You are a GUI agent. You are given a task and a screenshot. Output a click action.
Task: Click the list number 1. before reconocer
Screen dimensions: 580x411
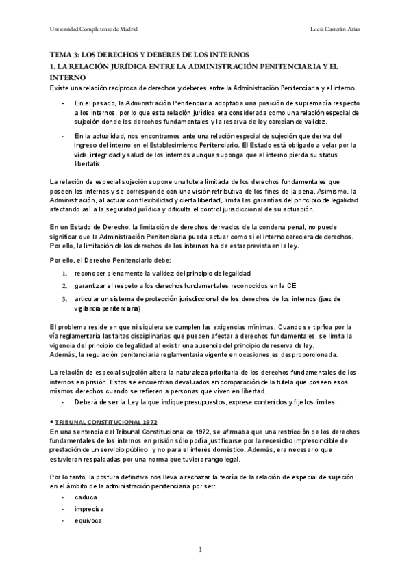click(64, 274)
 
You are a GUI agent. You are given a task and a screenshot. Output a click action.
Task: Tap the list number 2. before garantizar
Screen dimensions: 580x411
click(64, 285)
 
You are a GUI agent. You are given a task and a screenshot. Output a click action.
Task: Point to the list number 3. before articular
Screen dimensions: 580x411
click(64, 298)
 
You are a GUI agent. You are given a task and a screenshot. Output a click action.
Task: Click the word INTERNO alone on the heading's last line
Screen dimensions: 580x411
click(68, 78)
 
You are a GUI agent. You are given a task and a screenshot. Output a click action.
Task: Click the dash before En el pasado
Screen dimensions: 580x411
click(63, 103)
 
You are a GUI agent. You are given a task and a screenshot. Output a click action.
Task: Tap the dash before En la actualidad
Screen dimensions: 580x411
click(63, 135)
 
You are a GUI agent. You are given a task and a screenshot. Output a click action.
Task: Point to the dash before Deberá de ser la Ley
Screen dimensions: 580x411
click(63, 402)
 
